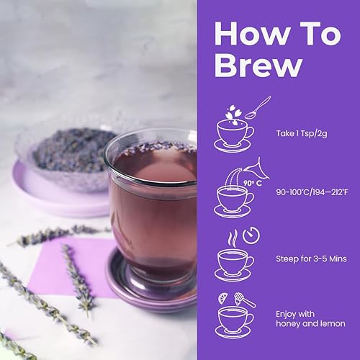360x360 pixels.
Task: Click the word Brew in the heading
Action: point(258,65)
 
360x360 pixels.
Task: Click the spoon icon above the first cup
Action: point(256,106)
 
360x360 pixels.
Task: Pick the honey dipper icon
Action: point(245,299)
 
